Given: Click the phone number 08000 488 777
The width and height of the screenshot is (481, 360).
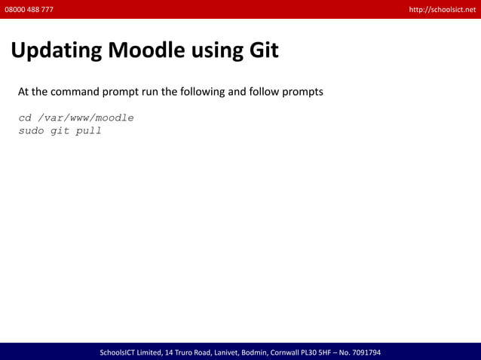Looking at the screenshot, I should tap(29, 9).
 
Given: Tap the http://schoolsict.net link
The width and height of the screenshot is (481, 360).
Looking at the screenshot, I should tap(442, 9).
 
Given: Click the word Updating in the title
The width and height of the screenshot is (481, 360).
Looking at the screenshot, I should tap(57, 50).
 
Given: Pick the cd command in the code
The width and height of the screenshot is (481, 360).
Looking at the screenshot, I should tap(25, 118).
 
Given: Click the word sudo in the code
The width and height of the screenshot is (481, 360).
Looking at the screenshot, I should tap(32, 131).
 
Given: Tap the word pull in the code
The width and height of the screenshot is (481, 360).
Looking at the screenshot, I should tap(88, 131).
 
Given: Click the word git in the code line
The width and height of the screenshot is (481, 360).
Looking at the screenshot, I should tap(60, 131).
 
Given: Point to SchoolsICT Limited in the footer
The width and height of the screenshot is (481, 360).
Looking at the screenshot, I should tap(130, 352).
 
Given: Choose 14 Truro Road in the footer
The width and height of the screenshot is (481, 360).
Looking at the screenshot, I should tap(185, 352).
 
